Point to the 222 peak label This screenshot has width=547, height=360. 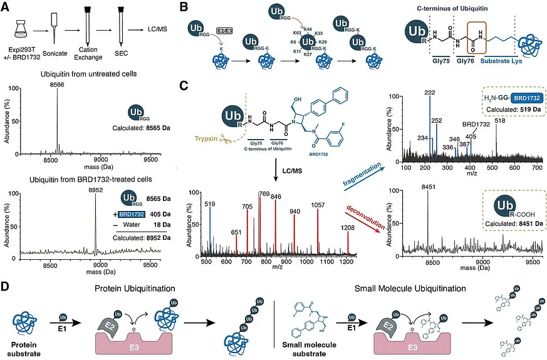429,93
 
